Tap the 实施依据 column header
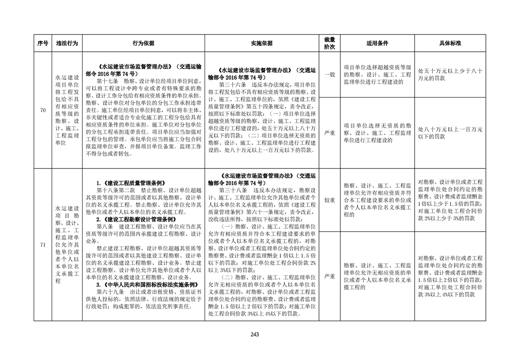tap(262, 44)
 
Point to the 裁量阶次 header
tap(329, 44)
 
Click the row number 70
tap(42, 110)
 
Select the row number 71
tap(42, 245)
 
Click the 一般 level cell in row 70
tap(329, 74)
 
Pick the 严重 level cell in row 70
tap(329, 133)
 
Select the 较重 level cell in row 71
tap(329, 200)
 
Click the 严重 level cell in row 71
tap(329, 276)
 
